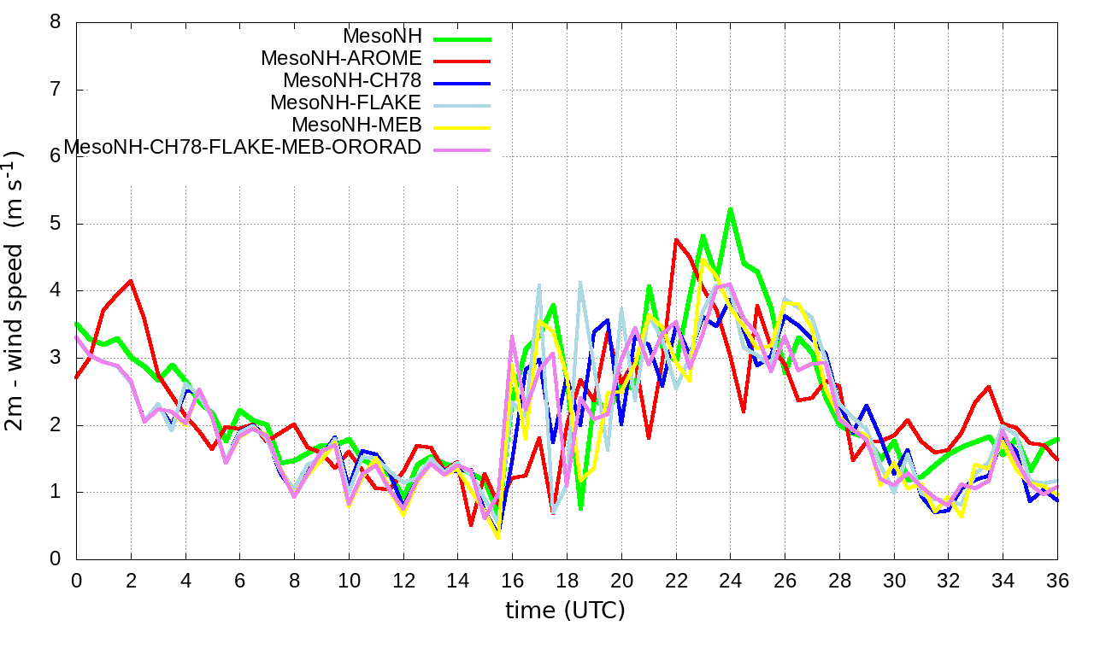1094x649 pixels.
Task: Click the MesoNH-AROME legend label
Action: tap(341, 59)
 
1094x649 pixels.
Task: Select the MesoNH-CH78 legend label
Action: tap(352, 81)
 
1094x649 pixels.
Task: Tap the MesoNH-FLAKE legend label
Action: tap(346, 103)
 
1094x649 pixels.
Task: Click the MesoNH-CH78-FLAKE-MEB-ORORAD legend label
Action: tap(243, 147)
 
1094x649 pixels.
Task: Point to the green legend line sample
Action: tap(462, 38)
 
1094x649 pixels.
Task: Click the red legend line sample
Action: tap(462, 61)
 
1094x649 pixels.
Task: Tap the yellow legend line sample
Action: tap(462, 127)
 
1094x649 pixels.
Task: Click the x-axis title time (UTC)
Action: tap(565, 611)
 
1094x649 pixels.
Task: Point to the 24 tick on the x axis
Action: tap(730, 580)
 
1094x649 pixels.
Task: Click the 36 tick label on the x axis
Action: tap(1057, 580)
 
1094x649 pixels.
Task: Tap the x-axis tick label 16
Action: tap(512, 580)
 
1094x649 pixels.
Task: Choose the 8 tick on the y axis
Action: tap(56, 22)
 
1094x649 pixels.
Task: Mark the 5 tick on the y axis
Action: tap(56, 224)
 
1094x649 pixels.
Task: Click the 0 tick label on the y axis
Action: tap(56, 559)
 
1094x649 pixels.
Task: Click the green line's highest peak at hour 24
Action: tap(730, 208)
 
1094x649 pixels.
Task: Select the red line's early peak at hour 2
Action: tap(131, 280)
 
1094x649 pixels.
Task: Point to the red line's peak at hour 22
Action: tap(676, 240)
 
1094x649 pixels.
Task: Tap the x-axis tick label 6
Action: tap(239, 580)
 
